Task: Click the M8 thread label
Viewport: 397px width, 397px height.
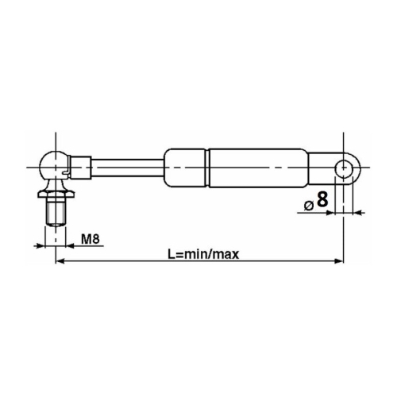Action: [x=91, y=239]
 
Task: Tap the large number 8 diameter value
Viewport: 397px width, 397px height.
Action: [x=322, y=199]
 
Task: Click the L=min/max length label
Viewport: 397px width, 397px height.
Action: [x=203, y=254]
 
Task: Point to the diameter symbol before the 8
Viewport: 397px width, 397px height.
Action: [x=309, y=206]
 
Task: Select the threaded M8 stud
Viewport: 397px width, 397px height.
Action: [x=56, y=212]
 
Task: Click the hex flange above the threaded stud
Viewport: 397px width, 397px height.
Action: [x=56, y=194]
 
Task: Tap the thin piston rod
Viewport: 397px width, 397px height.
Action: [x=128, y=168]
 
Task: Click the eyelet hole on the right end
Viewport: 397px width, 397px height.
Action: [x=343, y=168]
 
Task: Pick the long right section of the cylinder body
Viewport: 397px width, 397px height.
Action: [x=259, y=168]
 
